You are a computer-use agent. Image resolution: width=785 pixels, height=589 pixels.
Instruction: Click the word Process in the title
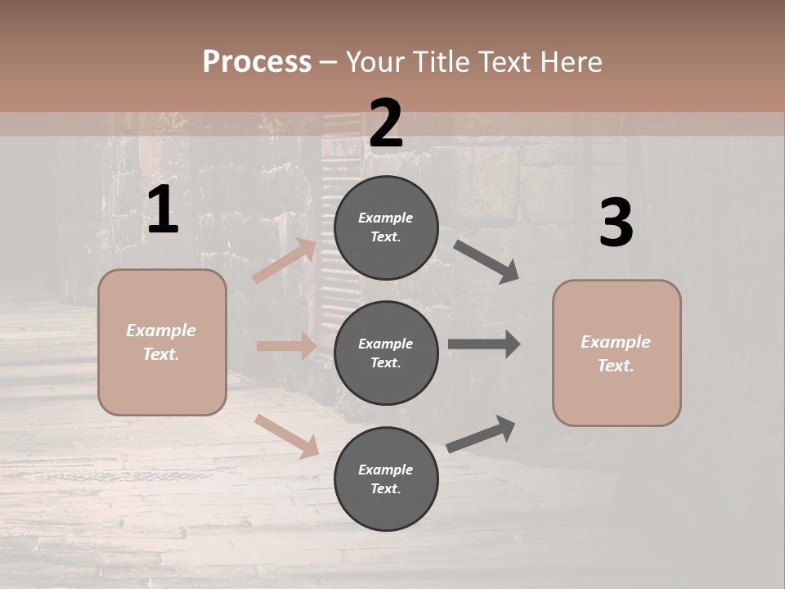(258, 62)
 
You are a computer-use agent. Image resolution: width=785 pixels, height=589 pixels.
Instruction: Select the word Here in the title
(571, 62)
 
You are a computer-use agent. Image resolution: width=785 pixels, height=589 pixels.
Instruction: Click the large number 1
(164, 209)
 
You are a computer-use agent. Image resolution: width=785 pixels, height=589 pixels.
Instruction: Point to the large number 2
(386, 124)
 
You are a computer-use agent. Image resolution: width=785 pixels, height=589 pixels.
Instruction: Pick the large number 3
(617, 222)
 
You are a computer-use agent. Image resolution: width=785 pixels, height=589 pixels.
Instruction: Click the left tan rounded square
(162, 343)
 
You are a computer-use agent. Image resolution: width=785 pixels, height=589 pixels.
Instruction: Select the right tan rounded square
(617, 353)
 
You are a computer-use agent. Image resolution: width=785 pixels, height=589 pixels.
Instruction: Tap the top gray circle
(386, 227)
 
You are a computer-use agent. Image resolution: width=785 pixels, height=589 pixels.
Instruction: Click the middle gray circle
(386, 353)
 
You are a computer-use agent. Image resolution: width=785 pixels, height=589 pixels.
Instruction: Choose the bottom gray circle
(386, 479)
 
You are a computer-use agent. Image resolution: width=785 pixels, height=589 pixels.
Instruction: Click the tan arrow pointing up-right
(285, 260)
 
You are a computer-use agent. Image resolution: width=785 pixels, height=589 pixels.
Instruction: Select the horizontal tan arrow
(287, 345)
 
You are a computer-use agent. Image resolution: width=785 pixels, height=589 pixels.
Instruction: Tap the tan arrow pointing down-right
(287, 437)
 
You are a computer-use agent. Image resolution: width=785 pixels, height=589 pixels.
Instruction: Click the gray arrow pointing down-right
(486, 262)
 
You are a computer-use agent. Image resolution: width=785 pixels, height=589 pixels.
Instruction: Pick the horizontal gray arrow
(484, 344)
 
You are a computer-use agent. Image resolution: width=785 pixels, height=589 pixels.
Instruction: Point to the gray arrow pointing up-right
(481, 434)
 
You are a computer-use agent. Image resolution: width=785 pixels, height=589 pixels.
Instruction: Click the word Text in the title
(505, 62)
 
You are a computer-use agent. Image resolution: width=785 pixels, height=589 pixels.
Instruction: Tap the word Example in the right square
(616, 342)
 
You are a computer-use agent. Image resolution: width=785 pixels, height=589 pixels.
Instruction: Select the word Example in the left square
(161, 330)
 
